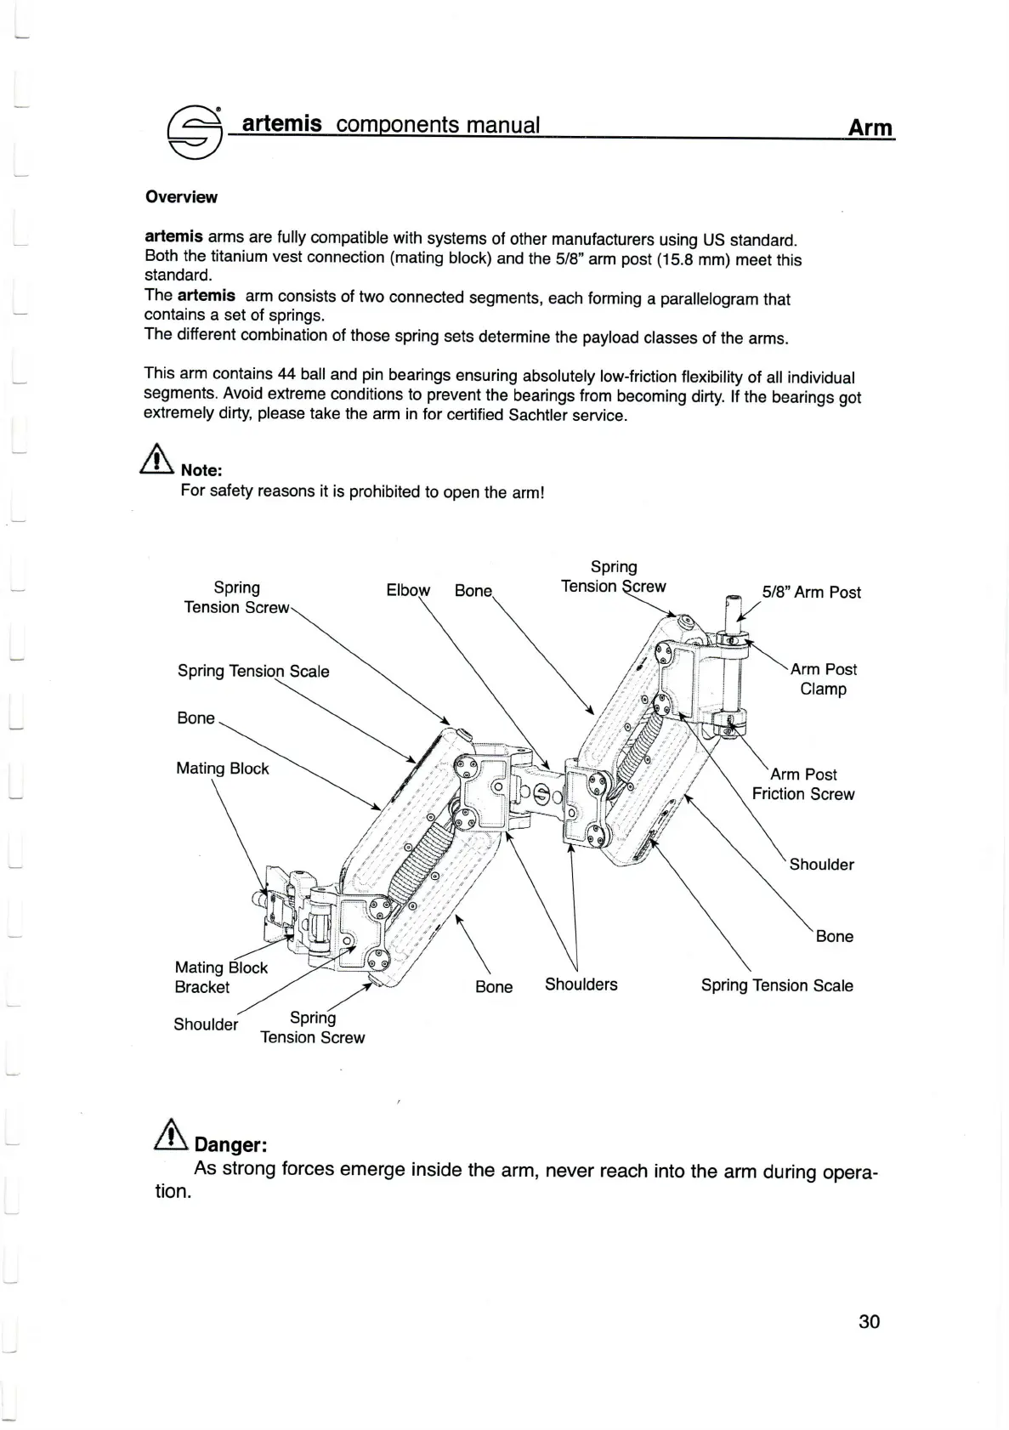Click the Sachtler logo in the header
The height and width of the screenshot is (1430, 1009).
195,130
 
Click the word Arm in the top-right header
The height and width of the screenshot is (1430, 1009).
870,128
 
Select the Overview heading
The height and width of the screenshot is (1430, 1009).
181,197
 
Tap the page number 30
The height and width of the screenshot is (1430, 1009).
869,1320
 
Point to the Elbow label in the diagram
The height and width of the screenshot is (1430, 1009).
408,590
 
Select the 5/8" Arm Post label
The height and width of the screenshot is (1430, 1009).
811,592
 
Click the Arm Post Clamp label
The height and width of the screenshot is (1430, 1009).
823,678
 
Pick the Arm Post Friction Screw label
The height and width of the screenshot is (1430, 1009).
803,784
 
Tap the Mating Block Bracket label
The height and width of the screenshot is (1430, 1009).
220,977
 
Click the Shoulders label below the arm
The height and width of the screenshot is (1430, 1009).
581,985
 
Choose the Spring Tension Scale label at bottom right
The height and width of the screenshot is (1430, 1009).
777,985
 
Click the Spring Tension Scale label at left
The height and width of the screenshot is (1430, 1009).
253,671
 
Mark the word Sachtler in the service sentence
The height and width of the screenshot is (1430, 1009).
542,416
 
